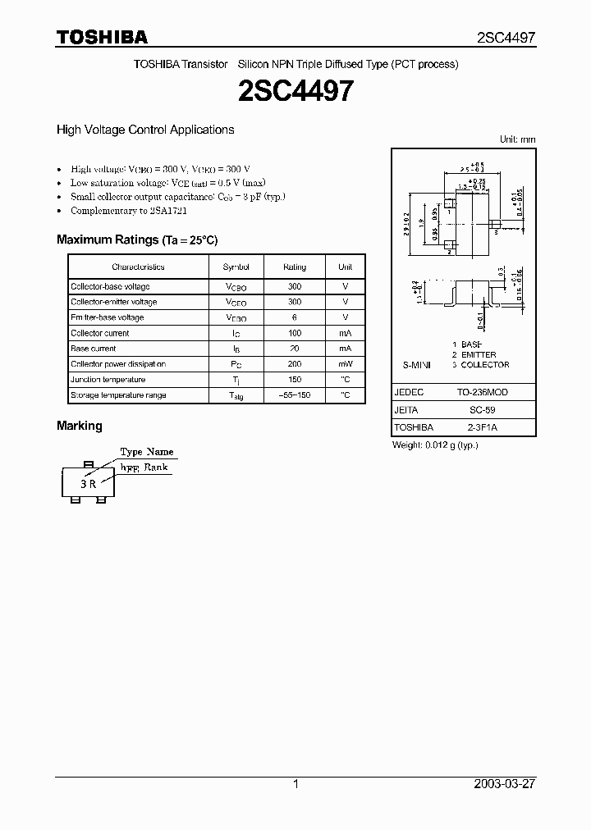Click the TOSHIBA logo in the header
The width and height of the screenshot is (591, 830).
[x=102, y=37]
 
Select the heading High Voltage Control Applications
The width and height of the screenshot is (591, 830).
[x=145, y=130]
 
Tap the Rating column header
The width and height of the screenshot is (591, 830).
[x=295, y=267]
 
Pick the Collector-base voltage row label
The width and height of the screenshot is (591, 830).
[x=110, y=286]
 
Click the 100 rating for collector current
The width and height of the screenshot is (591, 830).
[x=295, y=333]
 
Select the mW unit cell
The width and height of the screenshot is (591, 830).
[x=346, y=364]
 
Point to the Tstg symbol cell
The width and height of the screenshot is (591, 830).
[x=236, y=395]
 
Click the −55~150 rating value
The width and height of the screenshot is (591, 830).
[x=295, y=395]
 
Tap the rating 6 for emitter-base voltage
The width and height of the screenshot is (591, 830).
[x=295, y=317]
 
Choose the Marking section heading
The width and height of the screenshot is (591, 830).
[x=80, y=426]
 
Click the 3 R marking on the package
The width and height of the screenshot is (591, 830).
[x=89, y=484]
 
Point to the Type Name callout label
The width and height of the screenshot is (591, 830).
[x=147, y=452]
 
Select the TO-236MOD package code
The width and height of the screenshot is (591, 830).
[x=488, y=393]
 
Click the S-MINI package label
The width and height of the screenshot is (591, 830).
[x=416, y=365]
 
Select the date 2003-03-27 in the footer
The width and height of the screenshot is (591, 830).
[x=505, y=784]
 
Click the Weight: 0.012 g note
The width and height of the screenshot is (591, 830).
[x=436, y=445]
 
